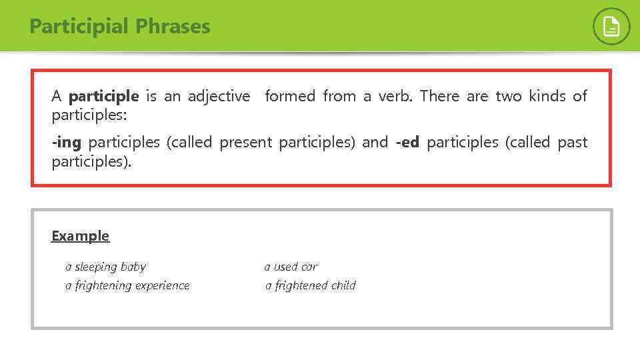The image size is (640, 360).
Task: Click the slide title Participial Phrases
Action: pos(120,27)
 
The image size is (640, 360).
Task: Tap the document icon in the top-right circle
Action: pos(611,27)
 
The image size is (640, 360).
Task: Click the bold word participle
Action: pos(103,97)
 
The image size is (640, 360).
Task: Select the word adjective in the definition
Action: pos(219,97)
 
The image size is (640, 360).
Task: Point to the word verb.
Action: pos(395,97)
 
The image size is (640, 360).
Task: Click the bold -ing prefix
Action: pos(66,143)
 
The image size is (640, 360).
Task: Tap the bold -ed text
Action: pos(407,143)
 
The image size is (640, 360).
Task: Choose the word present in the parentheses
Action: pos(245,143)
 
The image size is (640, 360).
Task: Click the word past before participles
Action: pos(573,143)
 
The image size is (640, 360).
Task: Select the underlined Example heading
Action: pos(80,236)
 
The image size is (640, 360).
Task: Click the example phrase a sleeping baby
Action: pos(105,267)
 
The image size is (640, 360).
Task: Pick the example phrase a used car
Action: pos(291,267)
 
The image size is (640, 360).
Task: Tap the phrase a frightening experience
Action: pos(127,286)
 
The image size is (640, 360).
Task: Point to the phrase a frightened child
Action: pos(311,286)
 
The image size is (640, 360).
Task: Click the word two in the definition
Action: pos(508,97)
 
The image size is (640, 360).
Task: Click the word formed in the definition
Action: pos(290,97)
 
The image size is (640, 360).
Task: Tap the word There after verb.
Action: pos(439,97)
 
